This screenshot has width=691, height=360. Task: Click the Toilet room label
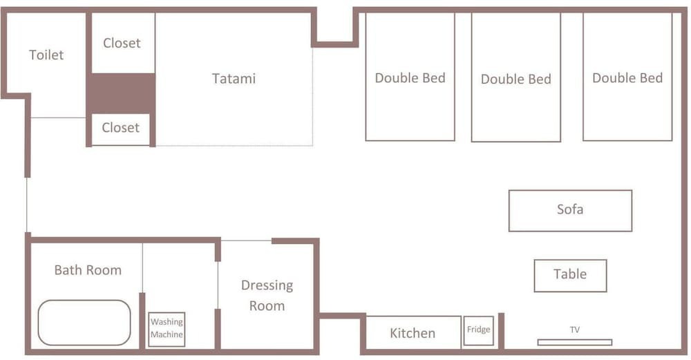point(46,55)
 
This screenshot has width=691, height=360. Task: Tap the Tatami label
point(234,79)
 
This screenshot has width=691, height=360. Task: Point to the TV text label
point(575,330)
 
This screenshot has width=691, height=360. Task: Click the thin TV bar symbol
point(575,342)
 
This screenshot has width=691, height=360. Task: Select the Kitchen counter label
point(413,333)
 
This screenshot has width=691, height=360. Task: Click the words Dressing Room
point(267,295)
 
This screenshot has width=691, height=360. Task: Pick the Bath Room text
point(88,270)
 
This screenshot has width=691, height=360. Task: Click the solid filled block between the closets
point(122,93)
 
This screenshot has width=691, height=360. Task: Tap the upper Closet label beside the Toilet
point(122,43)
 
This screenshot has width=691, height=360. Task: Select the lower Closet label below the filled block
point(120,128)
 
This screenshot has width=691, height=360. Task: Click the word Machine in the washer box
point(167,334)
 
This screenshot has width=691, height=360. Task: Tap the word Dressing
point(267,285)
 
